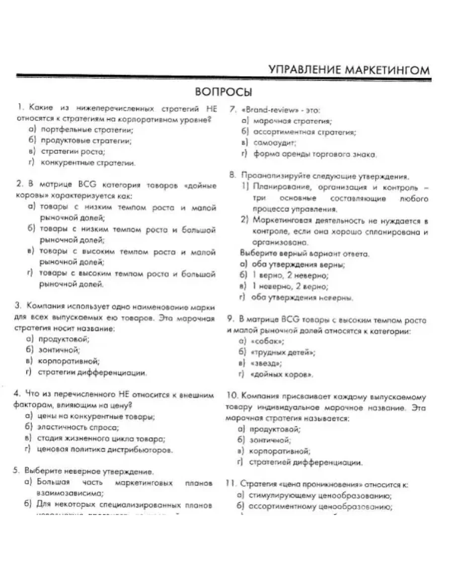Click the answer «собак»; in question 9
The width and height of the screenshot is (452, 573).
[x=269, y=341]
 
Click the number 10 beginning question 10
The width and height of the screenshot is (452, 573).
[x=232, y=397]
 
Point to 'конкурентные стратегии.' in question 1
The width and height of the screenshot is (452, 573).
[x=88, y=163]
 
